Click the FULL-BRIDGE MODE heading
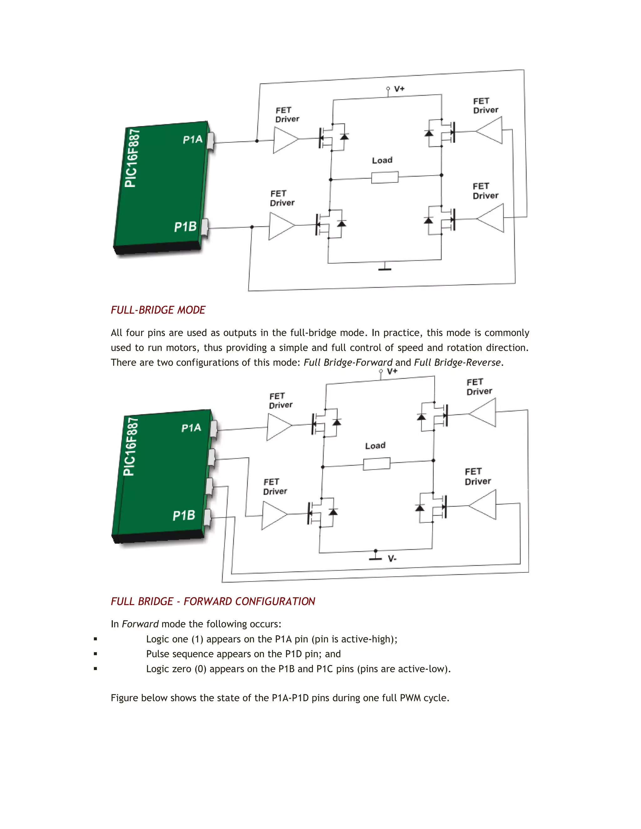[x=158, y=310]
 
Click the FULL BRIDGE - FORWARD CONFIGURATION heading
[x=213, y=601]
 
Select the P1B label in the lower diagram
[x=184, y=516]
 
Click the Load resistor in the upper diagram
[x=385, y=177]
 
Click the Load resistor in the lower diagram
[x=376, y=464]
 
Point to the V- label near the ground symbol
[x=392, y=559]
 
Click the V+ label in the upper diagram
[x=399, y=89]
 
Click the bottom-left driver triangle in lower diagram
[x=274, y=515]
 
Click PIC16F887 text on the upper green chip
[x=132, y=158]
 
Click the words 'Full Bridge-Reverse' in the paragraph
[x=457, y=363]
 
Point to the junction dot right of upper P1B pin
[x=252, y=227]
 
